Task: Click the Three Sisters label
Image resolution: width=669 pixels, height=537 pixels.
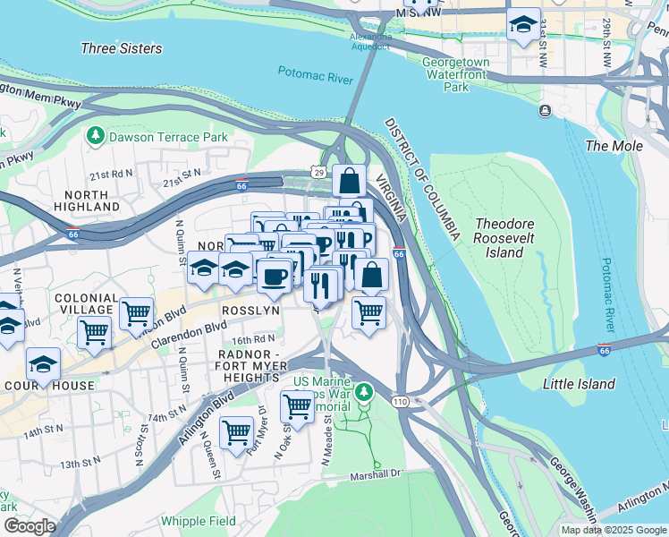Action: (122, 48)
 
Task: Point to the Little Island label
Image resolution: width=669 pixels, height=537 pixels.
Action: (579, 384)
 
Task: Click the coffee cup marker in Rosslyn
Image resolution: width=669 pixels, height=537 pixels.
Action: (274, 275)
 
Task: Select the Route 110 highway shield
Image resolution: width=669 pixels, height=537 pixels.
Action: (400, 403)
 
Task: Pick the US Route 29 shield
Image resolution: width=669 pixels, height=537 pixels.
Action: (319, 170)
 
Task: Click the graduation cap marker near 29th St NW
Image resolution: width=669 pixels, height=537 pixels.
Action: (523, 24)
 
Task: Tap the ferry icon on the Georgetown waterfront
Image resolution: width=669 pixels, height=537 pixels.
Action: (544, 110)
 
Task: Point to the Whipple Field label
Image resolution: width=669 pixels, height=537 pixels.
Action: (199, 521)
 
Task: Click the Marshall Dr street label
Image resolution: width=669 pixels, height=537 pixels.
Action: (377, 475)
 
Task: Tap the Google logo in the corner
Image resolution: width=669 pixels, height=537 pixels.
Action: (29, 526)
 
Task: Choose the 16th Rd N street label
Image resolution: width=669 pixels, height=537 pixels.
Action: (254, 339)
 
